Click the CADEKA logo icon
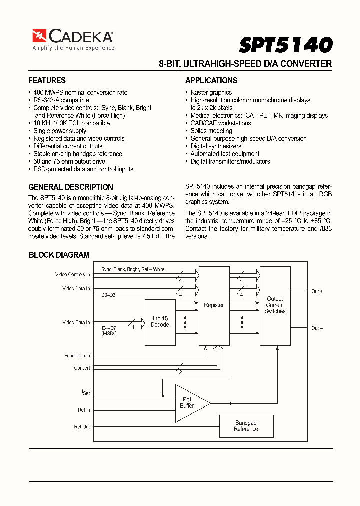click(x=39, y=36)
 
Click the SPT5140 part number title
click(x=285, y=45)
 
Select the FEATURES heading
click(x=47, y=81)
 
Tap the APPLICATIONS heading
click(x=211, y=81)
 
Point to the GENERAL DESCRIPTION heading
click(x=71, y=187)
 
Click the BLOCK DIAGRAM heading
click(x=59, y=255)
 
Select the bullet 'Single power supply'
click(x=60, y=131)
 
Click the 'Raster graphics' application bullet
click(x=211, y=92)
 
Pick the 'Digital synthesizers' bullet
click(x=216, y=146)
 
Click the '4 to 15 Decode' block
click(x=160, y=322)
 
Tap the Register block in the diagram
click(x=214, y=305)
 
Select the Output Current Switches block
click(x=275, y=305)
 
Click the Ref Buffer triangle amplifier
click(x=189, y=403)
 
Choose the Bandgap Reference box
click(x=246, y=426)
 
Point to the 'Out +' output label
click(x=317, y=291)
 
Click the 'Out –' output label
click(x=317, y=328)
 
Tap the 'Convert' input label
click(x=82, y=368)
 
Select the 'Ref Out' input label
click(x=82, y=426)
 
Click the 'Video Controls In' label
click(x=73, y=274)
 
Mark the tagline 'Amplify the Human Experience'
click(x=73, y=48)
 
